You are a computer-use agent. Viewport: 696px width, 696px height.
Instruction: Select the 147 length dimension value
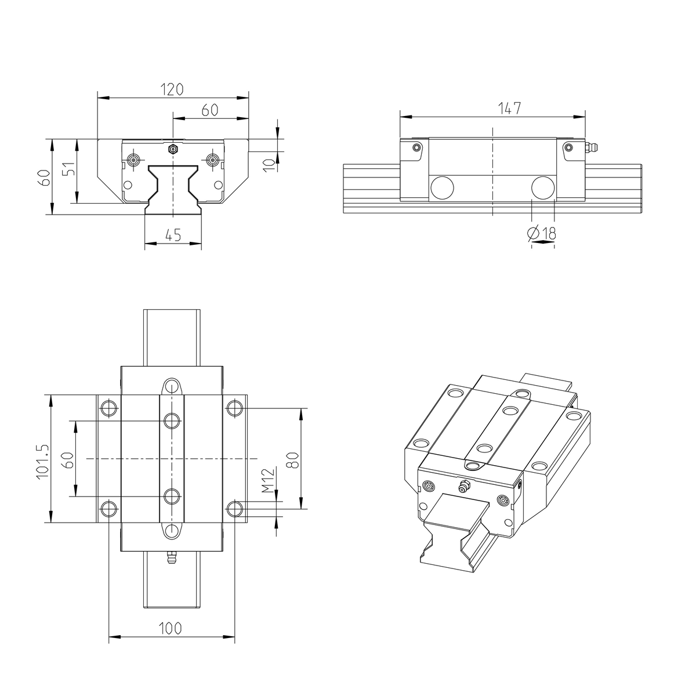[509, 108]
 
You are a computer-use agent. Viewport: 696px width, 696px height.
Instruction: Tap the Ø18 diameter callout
[542, 233]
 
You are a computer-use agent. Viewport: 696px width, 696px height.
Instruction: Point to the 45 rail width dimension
[173, 235]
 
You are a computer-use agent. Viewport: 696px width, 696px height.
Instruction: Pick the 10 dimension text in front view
[267, 164]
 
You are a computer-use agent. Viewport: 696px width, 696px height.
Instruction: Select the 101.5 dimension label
[41, 462]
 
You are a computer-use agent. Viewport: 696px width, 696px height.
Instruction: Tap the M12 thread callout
[267, 481]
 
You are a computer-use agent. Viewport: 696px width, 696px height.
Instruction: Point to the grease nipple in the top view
[171, 559]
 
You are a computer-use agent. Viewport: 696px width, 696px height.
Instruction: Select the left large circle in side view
[442, 187]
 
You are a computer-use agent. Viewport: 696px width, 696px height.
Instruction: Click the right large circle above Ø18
[543, 187]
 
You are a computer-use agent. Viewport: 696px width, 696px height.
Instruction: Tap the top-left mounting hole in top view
[108, 408]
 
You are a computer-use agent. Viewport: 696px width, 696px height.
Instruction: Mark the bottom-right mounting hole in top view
[234, 509]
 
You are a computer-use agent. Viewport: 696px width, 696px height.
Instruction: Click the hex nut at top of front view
[172, 149]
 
